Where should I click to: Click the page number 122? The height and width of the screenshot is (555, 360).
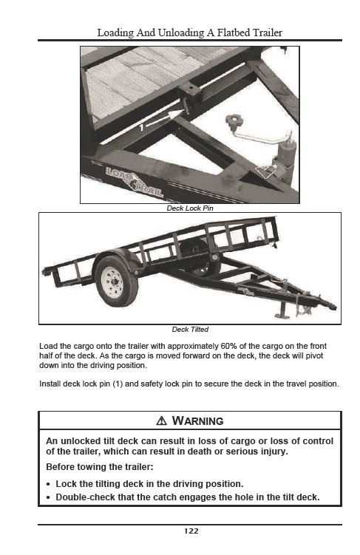[x=191, y=531]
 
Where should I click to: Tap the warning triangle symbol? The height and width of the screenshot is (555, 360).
[x=161, y=420]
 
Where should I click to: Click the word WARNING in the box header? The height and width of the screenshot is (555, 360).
[x=197, y=420]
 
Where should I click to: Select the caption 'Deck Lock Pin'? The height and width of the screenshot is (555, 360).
[x=190, y=208]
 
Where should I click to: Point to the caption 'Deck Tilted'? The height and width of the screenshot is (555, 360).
[x=190, y=329]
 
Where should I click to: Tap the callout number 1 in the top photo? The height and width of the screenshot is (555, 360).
[x=142, y=127]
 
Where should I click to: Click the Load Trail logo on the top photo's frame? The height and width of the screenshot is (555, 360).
[x=135, y=182]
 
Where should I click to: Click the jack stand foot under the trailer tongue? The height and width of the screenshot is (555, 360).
[x=282, y=315]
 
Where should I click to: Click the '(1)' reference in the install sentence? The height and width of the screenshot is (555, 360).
[x=118, y=384]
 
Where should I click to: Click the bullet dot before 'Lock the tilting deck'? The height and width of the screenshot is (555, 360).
[x=48, y=485]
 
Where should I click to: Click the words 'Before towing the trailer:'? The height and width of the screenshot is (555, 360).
[x=100, y=467]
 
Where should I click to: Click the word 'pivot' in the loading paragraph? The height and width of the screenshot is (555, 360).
[x=314, y=355]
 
